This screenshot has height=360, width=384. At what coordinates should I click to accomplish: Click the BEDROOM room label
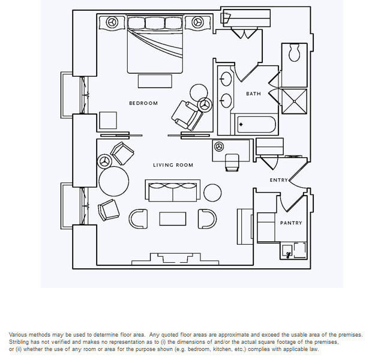coord(143,103)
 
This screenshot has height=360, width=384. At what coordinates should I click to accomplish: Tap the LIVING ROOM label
coord(173,165)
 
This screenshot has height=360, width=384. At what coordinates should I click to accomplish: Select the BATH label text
coord(253,94)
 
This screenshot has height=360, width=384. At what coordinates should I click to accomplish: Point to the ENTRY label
coord(278,180)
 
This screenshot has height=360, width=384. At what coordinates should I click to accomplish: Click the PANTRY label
coord(291,223)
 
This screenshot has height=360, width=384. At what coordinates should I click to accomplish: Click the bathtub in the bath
coord(256,125)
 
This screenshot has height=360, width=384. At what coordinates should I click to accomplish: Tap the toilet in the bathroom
coord(294,53)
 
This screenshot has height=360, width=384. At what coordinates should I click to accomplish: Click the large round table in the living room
coord(114,179)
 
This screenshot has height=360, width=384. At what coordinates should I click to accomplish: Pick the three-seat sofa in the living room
coord(173,191)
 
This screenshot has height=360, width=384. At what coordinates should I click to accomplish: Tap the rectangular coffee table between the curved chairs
coord(173,219)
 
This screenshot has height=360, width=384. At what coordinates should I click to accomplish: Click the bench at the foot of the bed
coord(154,80)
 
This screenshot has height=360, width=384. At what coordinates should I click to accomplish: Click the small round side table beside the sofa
coord(212,193)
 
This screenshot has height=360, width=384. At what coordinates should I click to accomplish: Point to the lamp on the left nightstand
coord(112,23)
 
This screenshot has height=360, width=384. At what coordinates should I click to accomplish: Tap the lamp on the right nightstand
coord(197,23)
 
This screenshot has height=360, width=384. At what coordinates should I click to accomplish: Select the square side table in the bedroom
coord(108,121)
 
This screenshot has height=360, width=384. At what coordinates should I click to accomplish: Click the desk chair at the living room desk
coord(231,161)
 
